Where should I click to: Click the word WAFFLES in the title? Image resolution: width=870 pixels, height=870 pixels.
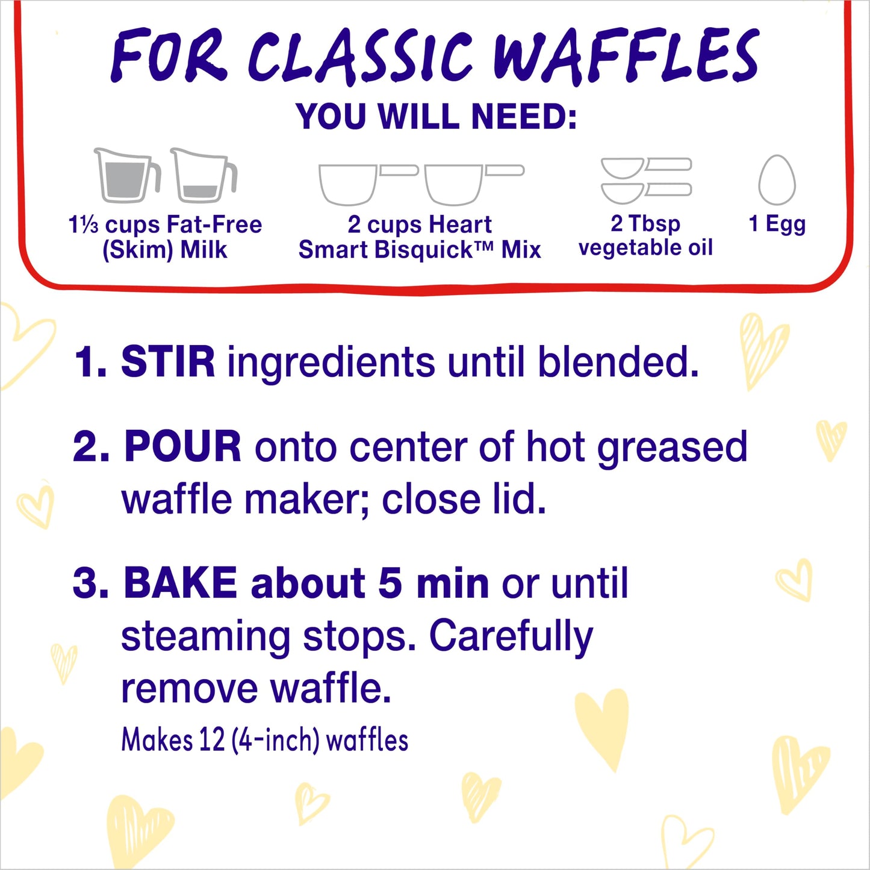tap(626, 55)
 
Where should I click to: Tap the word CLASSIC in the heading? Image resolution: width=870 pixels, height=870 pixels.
tap(359, 55)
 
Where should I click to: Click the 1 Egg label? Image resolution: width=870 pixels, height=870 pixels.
tap(777, 224)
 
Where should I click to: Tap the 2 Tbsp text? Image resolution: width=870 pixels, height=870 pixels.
tap(645, 223)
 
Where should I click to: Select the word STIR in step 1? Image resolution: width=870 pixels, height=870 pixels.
tap(167, 362)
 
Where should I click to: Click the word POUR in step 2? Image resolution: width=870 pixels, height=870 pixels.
tap(182, 447)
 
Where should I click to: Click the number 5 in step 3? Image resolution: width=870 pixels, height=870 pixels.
tap(390, 584)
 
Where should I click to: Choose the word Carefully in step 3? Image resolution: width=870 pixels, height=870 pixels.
tap(511, 637)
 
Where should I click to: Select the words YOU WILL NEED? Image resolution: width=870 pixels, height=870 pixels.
tap(436, 116)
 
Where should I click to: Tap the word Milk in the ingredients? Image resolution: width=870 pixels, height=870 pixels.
tap(204, 249)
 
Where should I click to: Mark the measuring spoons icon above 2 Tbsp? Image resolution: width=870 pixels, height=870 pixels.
tap(646, 180)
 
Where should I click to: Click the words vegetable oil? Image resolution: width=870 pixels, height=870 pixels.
tap(645, 247)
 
